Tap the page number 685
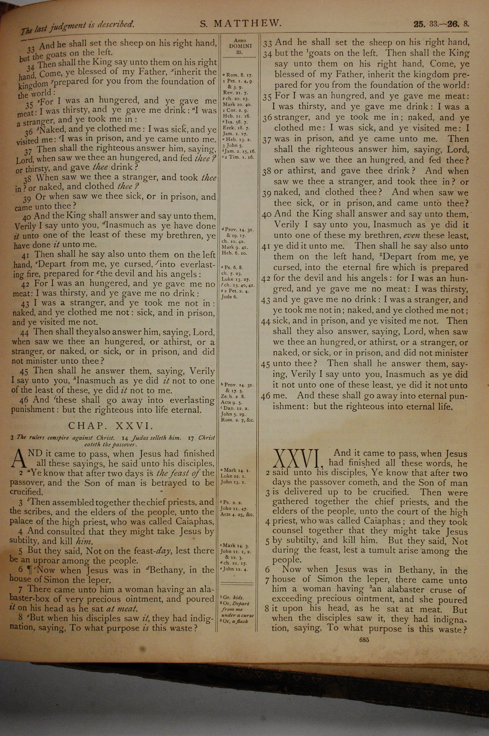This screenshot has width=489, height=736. pyautogui.click(x=364, y=640)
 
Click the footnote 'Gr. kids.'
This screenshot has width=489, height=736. pyautogui.click(x=230, y=598)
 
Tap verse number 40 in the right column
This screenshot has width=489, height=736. pyautogui.click(x=267, y=214)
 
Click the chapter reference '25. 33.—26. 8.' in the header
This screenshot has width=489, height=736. pyautogui.click(x=441, y=24)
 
